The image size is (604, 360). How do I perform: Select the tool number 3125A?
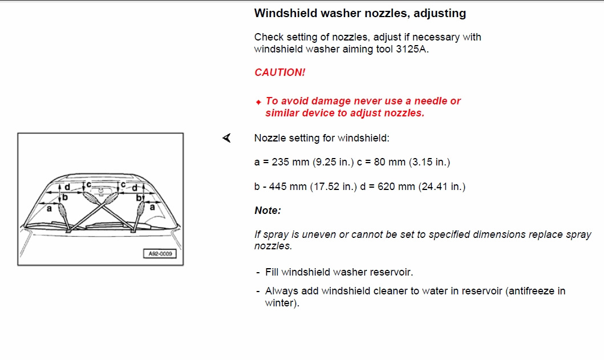tap(412, 49)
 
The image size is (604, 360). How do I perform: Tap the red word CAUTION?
tap(280, 72)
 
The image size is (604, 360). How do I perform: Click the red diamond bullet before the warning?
tap(258, 102)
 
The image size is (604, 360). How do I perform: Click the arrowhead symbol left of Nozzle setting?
tap(227, 137)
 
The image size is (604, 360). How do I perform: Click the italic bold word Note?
tap(267, 211)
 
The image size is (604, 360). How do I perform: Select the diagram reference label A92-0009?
tap(160, 254)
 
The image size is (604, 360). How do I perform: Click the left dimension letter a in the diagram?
tap(49, 208)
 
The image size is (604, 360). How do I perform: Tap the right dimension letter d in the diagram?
tap(135, 188)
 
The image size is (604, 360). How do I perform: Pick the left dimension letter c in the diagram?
tap(89, 185)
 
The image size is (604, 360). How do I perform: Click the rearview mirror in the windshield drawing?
tap(101, 190)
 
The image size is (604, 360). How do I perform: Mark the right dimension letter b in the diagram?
tap(139, 198)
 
